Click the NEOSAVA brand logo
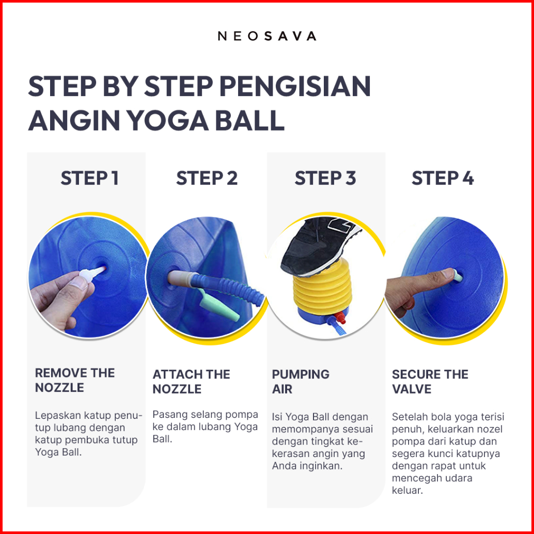coord(267,36)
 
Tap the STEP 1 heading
coord(89,178)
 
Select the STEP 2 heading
coord(207,178)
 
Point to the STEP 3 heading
coord(325,178)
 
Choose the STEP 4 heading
coord(443,178)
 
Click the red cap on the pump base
coord(340,318)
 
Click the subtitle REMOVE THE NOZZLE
coord(75,380)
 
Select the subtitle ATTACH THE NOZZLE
coord(192,382)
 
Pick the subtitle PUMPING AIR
coord(301,382)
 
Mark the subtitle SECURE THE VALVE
coord(430,382)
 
